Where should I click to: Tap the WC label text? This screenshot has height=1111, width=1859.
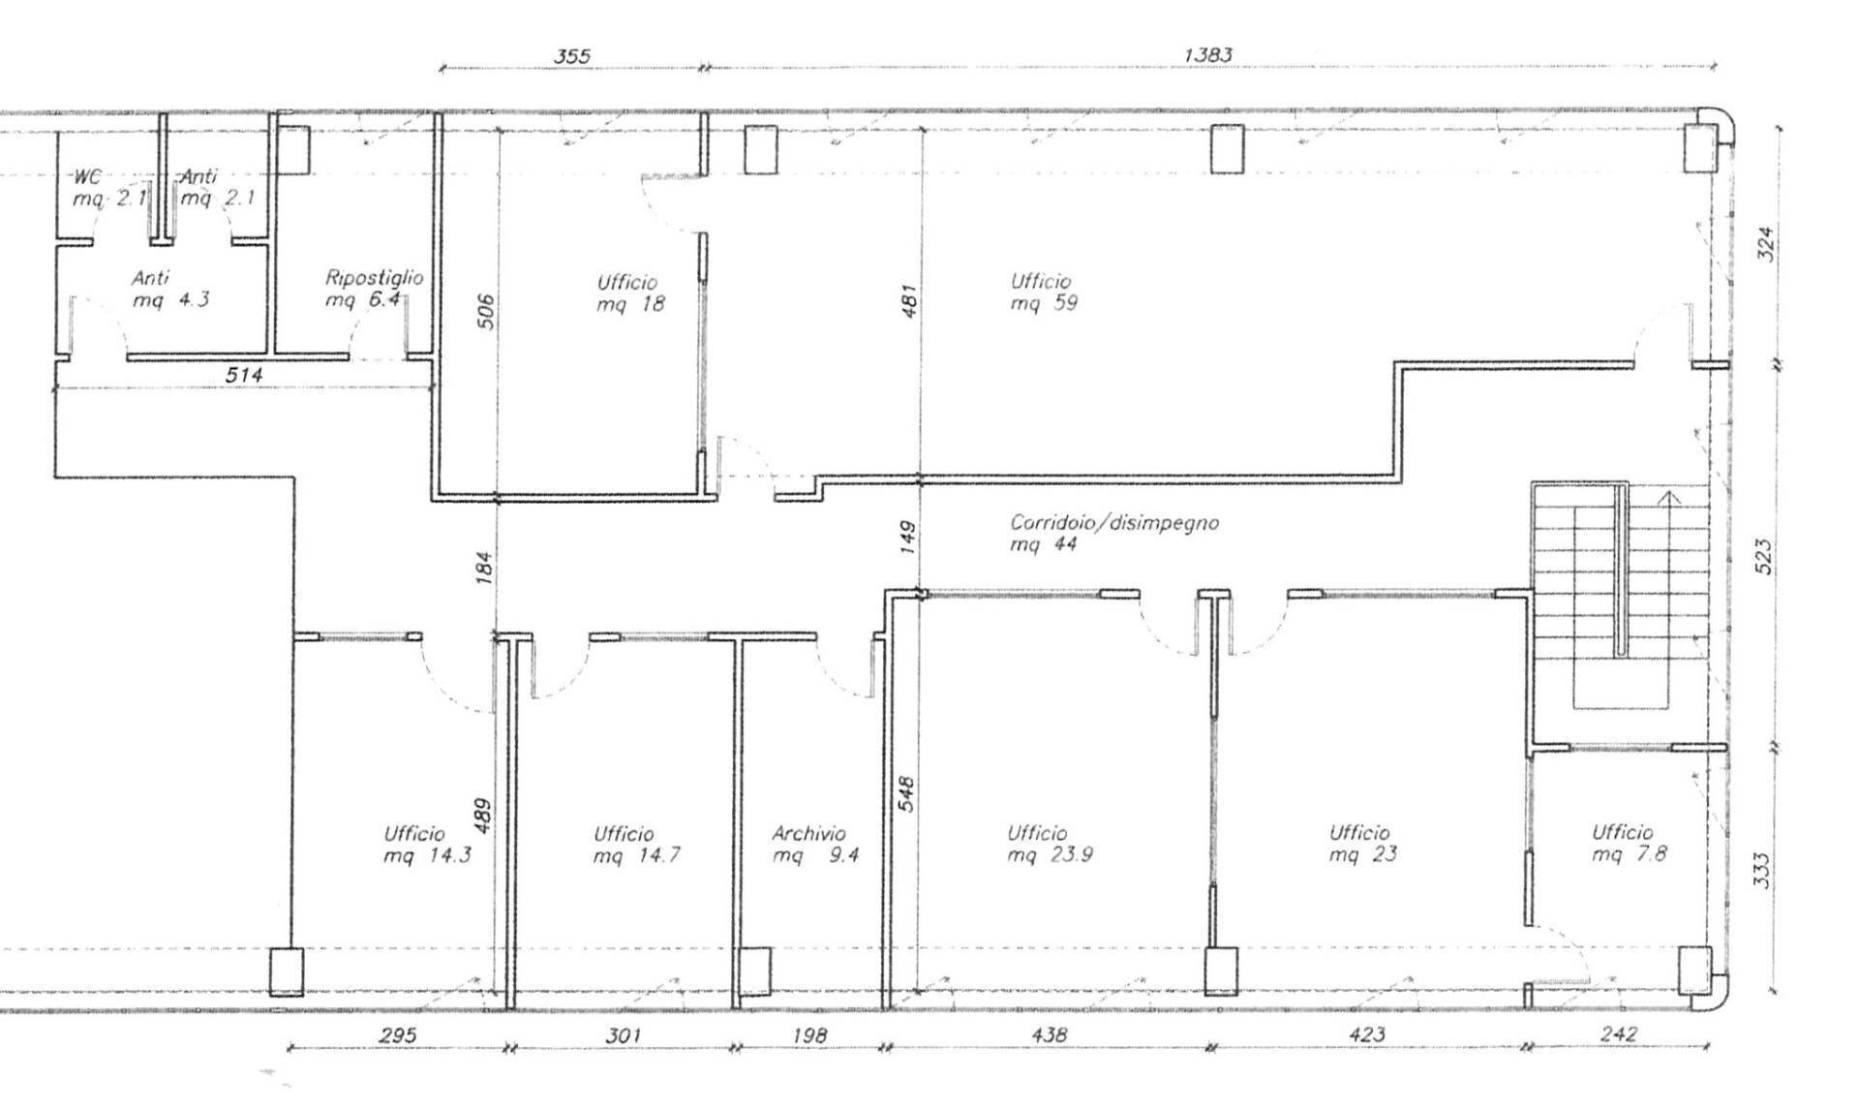pos(87,177)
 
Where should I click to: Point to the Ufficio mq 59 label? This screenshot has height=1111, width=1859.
pos(1043,292)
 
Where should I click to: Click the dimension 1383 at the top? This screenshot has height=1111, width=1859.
pos(1207,55)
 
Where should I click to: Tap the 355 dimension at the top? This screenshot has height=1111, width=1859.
pos(571,56)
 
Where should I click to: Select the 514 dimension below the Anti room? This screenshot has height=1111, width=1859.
pos(243,375)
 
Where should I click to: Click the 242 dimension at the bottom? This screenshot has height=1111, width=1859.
pos(1618,1034)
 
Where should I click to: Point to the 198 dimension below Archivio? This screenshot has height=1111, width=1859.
pos(809,1035)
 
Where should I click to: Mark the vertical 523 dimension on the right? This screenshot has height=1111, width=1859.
pos(1763,557)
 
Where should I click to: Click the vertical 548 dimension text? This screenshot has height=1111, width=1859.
pos(906,794)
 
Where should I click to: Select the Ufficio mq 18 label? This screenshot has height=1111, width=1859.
pos(628,293)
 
